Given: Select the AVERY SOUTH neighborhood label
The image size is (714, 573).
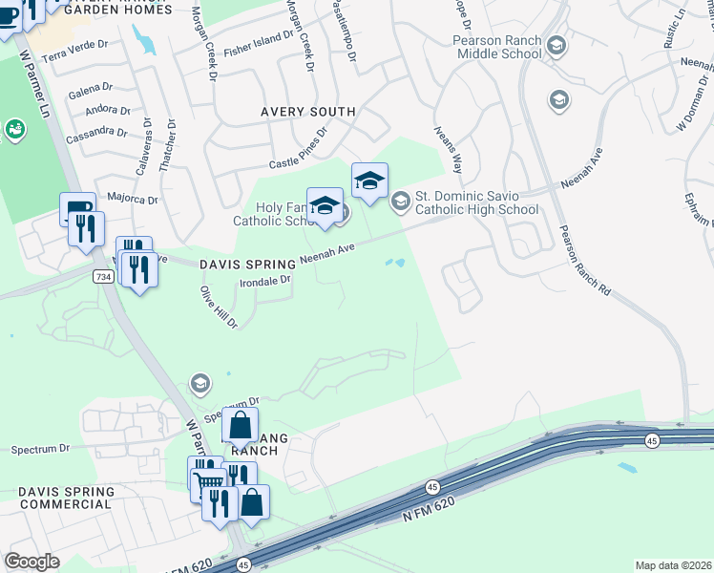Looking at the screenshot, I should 308,112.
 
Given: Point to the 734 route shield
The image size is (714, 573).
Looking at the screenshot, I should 103,276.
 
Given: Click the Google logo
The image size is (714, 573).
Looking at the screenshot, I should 31,562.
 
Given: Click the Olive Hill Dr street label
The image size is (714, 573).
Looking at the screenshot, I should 218,307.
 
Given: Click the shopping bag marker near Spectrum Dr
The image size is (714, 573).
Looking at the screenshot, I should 240,424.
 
